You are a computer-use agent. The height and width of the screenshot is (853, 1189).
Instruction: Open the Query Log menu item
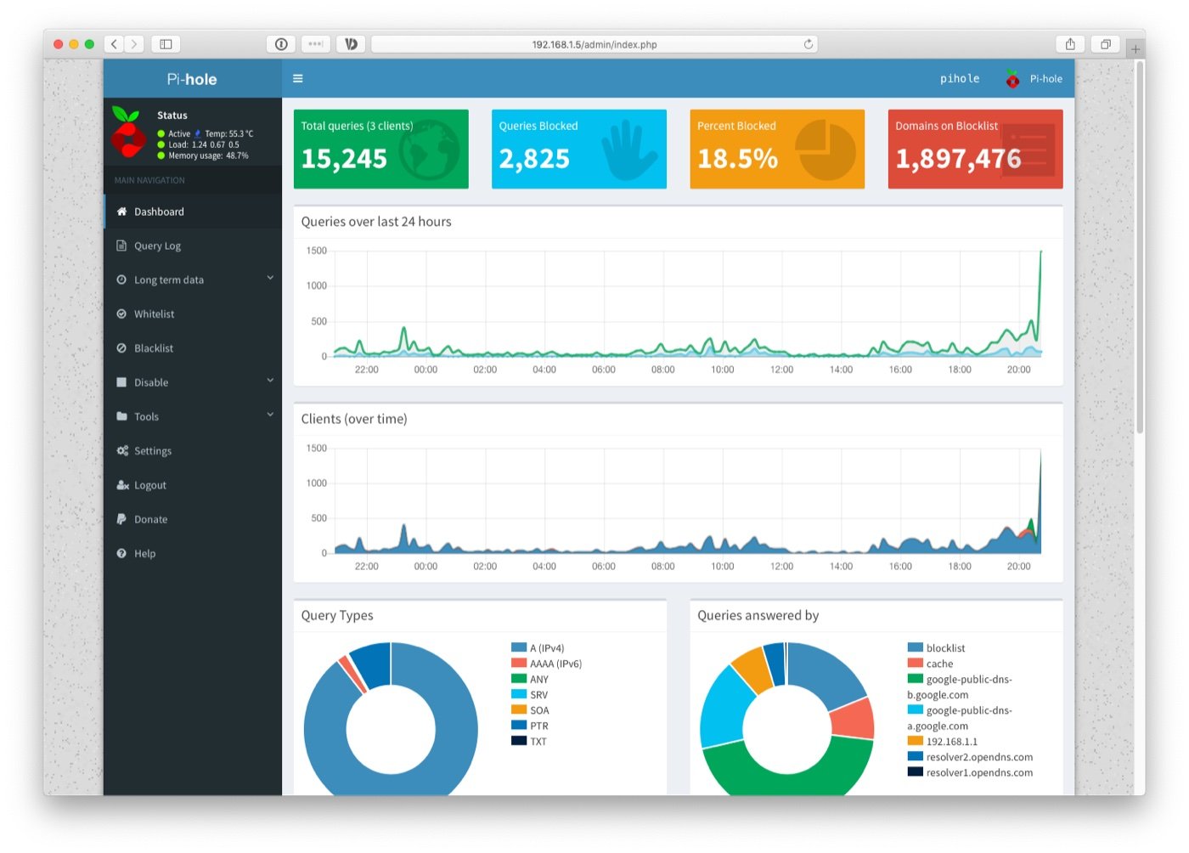(157, 246)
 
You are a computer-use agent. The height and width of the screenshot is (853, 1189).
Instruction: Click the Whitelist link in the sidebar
(154, 314)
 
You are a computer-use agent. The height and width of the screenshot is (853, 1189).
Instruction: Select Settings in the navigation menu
(152, 450)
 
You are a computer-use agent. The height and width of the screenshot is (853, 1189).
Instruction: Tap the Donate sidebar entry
(150, 519)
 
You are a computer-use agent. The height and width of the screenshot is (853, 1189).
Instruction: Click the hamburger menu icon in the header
(298, 78)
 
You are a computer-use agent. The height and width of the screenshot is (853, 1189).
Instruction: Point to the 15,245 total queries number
(344, 159)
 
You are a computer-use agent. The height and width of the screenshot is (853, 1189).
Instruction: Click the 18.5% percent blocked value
(737, 159)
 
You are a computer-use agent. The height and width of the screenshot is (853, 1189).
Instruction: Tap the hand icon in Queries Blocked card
(628, 150)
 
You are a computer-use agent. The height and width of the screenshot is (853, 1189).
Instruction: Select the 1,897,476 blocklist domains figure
(958, 159)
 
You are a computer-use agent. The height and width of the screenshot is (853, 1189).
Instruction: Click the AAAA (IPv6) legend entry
(555, 664)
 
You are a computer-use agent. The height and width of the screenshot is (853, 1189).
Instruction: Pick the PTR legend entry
(538, 726)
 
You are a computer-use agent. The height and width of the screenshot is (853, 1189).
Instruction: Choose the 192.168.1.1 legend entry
(951, 742)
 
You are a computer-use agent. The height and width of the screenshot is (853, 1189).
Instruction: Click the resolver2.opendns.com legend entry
(979, 757)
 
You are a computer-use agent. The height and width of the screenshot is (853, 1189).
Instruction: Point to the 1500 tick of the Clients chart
(317, 448)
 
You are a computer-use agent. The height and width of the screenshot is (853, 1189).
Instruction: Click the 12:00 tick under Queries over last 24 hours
(781, 370)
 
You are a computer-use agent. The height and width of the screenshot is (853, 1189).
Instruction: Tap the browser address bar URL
(594, 44)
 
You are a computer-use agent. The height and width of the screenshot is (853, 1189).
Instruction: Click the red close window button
(58, 44)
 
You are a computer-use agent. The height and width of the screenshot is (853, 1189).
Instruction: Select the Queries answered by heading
(758, 615)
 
